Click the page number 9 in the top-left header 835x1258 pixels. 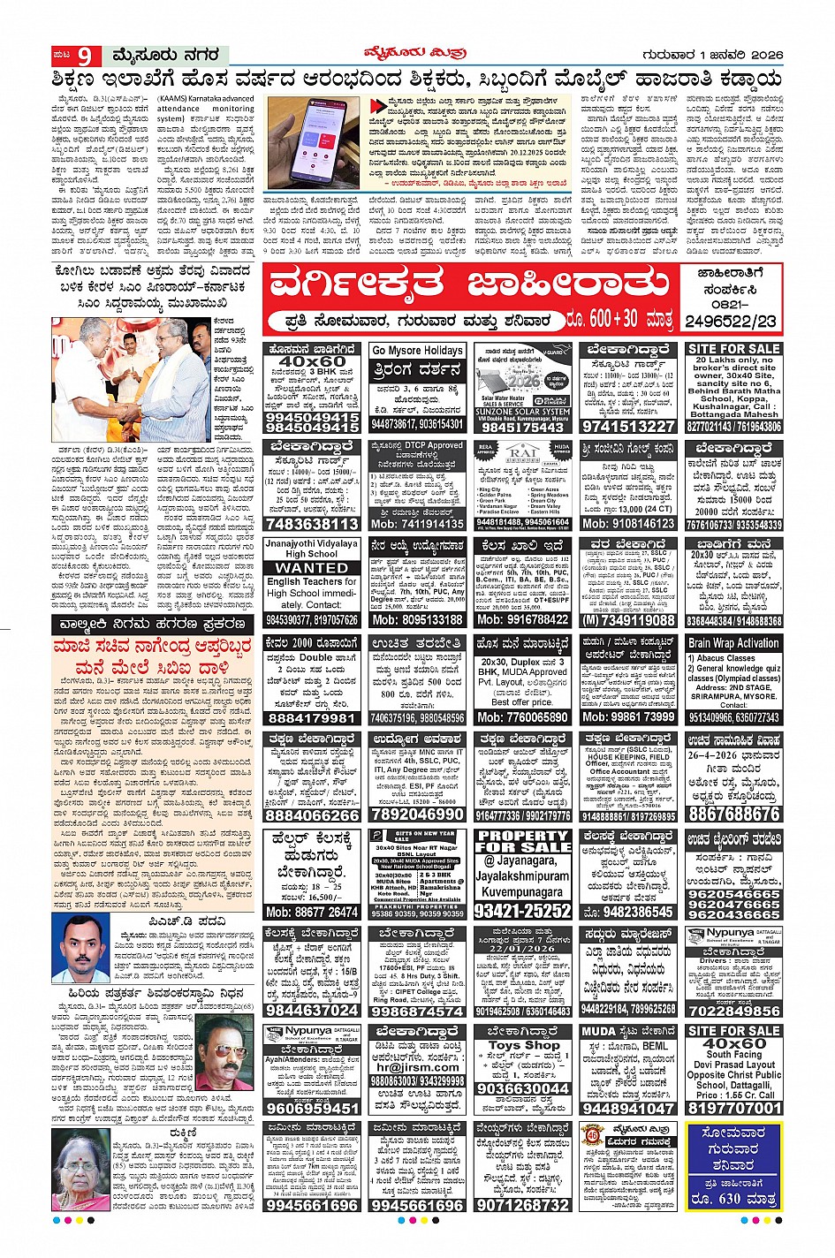[84, 57]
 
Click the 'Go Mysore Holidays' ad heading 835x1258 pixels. [418, 351]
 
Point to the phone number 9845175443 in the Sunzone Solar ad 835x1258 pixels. [523, 428]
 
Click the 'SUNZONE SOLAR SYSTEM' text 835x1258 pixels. [523, 412]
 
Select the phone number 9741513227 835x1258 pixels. [628, 427]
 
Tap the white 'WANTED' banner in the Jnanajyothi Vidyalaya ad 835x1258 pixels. [312, 568]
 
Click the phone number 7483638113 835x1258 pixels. [312, 524]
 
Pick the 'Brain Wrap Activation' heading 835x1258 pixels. [733, 643]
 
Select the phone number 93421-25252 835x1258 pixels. [523, 911]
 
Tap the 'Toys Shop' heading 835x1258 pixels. [523, 1045]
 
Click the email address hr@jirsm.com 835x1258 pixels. [418, 1067]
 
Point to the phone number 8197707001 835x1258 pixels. [733, 1108]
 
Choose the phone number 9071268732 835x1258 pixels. [523, 1205]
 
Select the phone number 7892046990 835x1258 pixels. [418, 814]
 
